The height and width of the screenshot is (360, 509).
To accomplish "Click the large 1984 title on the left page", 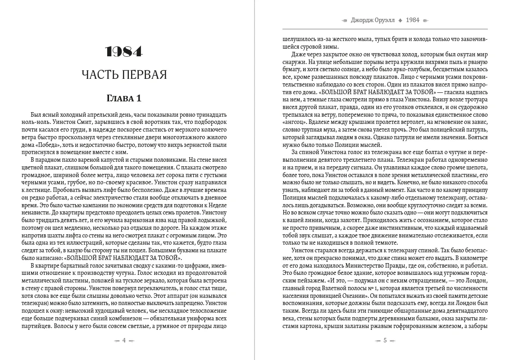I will pos(124,52).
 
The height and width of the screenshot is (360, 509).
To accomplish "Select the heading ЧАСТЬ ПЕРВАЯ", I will pos(124,74).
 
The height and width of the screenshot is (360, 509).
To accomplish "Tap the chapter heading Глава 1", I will pos(124,98).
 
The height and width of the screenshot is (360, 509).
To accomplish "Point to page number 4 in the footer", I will pos(124,341).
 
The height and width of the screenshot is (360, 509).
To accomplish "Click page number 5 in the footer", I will pos(385,341).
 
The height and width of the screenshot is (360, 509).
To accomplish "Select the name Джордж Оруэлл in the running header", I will pos(375,20).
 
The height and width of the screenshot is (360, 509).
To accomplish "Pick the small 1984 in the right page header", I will pos(413,20).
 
